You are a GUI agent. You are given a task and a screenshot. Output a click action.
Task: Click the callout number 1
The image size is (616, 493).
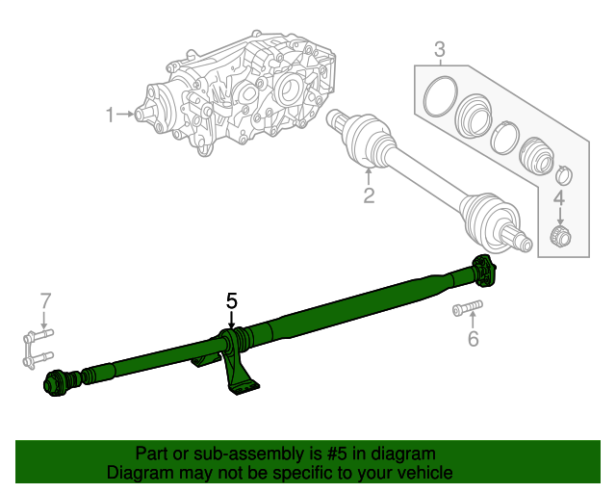tap(110, 116)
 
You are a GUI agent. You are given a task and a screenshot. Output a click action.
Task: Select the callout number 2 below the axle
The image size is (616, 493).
tap(368, 197)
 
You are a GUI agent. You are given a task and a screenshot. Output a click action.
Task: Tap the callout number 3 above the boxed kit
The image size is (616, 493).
tap(439, 49)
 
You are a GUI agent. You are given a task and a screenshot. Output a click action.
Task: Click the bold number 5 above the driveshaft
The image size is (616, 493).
tap(231, 300)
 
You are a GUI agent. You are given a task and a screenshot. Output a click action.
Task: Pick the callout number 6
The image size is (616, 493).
tap(472, 338)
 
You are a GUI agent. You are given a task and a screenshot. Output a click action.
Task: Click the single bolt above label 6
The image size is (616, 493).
tap(466, 309)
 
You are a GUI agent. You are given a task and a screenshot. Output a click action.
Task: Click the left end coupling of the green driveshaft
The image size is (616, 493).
tap(58, 382)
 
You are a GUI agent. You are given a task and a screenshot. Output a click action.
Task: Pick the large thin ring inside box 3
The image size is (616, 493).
tap(441, 98)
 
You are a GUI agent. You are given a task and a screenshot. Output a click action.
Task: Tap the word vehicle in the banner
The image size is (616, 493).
tap(423, 473)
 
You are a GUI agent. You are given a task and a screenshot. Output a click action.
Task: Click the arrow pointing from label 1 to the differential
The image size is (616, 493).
tap(129, 116)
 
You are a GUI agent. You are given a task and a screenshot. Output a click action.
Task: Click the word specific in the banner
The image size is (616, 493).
tap(296, 473)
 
